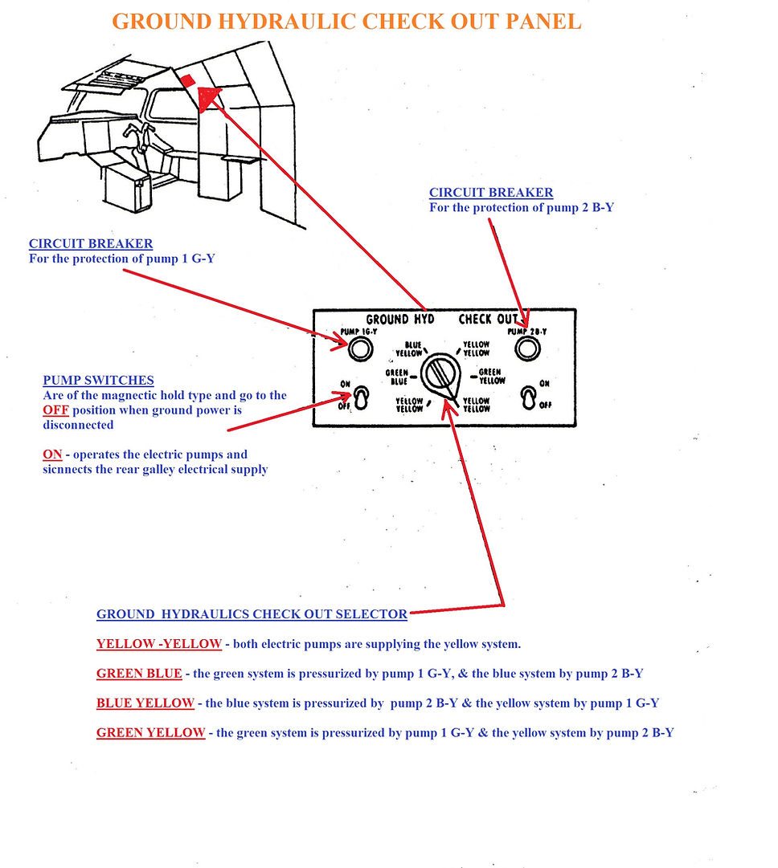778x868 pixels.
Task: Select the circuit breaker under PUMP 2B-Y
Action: (526, 348)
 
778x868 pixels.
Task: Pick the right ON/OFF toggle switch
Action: (528, 397)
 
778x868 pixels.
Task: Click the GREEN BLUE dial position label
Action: (398, 377)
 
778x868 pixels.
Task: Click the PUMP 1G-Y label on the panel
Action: (358, 332)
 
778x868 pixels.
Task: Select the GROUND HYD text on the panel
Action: (400, 319)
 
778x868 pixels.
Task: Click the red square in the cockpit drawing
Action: (186, 79)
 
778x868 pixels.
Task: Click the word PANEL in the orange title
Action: (539, 22)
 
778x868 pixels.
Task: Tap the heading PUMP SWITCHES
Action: (98, 380)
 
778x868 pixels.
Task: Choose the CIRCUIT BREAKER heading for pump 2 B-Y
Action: (491, 193)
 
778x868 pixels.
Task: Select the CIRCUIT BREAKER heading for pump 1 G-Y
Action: (91, 243)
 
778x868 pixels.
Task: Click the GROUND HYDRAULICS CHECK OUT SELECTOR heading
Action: (252, 614)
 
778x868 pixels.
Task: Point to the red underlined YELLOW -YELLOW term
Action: (158, 644)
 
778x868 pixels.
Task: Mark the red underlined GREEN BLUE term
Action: (139, 674)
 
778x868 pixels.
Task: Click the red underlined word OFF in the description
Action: (55, 410)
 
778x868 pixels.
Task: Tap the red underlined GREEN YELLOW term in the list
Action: (150, 732)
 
